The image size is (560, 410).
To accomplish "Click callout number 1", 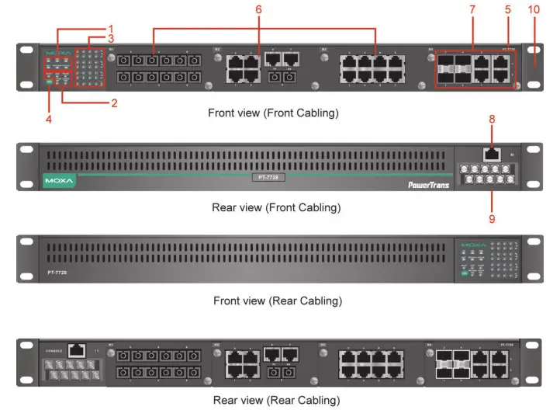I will click(111, 27).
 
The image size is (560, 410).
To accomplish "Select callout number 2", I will click(113, 102).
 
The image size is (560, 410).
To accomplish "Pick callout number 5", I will click(508, 9).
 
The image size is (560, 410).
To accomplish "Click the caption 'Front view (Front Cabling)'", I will click(274, 113).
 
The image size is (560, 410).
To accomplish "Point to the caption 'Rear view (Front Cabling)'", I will click(276, 208).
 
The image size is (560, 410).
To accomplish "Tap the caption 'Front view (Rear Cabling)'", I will click(277, 300).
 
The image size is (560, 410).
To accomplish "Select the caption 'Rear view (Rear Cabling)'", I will click(276, 400).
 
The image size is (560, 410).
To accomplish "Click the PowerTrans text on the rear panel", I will click(428, 185).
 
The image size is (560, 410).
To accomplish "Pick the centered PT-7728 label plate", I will click(268, 177).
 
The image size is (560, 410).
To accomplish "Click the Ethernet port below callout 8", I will click(491, 154).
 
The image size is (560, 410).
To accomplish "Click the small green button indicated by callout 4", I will click(49, 82).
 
